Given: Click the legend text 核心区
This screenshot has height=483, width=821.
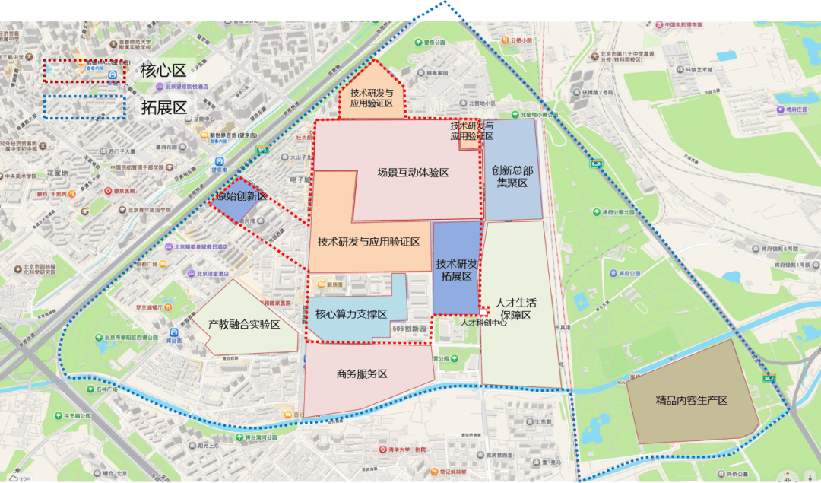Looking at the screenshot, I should [x=163, y=71].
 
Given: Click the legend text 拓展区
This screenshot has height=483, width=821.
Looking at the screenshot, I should [x=163, y=107].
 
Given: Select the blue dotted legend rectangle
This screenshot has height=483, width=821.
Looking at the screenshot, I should [x=84, y=107].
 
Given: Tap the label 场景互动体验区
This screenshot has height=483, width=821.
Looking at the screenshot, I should [x=413, y=173].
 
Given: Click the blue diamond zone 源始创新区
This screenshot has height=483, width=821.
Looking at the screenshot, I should [x=239, y=197].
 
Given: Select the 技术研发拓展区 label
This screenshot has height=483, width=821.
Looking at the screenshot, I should [x=457, y=270].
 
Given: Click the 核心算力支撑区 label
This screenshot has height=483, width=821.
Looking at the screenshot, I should [x=350, y=314].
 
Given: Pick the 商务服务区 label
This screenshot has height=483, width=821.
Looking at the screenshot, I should [x=362, y=374].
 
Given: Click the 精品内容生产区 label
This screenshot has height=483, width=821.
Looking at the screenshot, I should [x=692, y=400].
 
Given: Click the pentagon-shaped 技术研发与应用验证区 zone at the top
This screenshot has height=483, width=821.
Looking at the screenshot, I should [x=371, y=98].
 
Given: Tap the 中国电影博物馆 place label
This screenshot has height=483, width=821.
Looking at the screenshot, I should [x=686, y=25].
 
